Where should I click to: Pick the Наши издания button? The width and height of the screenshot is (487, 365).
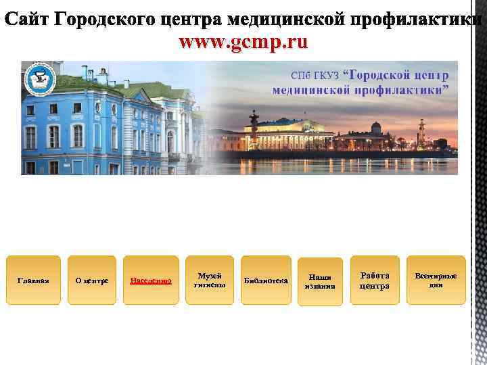(x=319, y=281)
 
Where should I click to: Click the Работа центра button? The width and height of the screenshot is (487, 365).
(x=374, y=281)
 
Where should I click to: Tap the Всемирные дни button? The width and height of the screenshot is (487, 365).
(x=436, y=280)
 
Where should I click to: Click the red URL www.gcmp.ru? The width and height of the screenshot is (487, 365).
(x=243, y=43)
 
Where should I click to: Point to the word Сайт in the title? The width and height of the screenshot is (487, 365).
(x=26, y=20)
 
